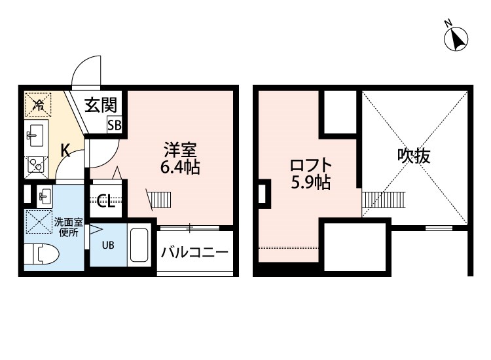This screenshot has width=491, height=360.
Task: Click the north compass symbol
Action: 457,39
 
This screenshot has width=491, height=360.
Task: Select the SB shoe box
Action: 114,125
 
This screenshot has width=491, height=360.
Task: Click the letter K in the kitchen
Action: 65,150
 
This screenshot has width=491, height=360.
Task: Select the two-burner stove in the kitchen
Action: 35,167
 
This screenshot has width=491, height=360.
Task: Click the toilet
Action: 43,253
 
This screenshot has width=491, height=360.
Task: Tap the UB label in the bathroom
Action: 107,247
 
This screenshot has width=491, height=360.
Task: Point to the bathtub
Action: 137,246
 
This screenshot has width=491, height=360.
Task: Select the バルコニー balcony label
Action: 194,251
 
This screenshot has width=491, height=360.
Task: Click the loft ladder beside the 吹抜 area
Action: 384,200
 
